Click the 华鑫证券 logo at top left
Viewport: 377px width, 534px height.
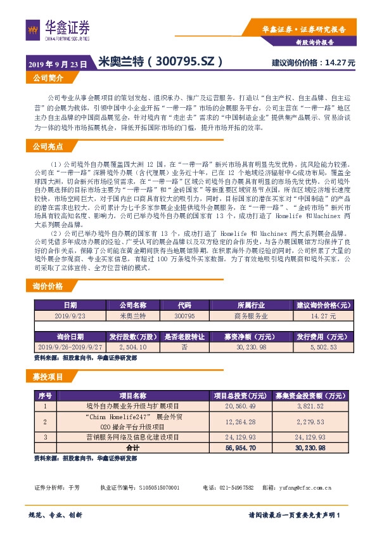click(58, 28)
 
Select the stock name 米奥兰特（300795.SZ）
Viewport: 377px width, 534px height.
click(162, 62)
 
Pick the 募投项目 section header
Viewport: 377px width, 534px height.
click(48, 377)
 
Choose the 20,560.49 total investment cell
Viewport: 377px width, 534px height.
click(234, 405)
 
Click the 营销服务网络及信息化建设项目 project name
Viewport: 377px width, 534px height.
click(132, 437)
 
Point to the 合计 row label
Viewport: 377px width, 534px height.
click(132, 447)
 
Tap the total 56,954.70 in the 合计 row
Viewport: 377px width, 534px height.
click(234, 447)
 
